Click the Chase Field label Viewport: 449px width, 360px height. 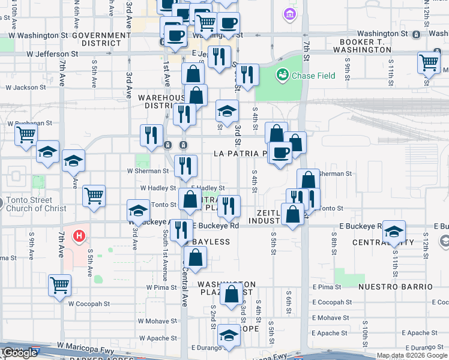309,76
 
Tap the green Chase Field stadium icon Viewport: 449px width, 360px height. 282,75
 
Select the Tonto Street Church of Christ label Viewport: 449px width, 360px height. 32,204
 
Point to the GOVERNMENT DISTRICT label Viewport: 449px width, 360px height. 101,40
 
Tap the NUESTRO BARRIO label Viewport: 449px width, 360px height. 395,287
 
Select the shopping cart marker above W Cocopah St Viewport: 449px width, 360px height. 59,285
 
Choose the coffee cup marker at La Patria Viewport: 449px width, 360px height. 280,152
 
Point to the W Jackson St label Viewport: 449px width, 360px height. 25,88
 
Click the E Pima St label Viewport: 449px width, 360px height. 327,287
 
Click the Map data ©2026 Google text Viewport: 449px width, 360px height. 412,355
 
